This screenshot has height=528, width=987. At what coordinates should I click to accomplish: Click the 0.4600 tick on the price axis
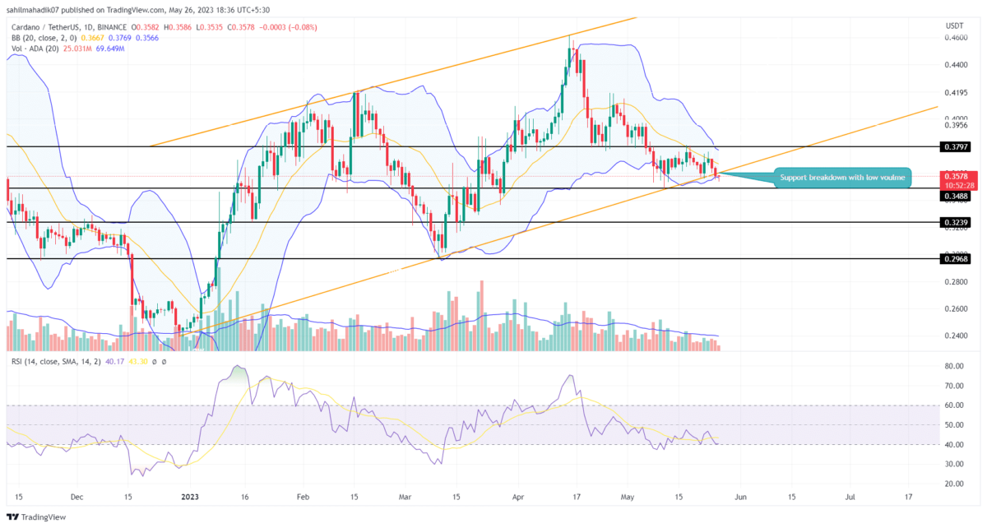pyautogui.click(x=955, y=37)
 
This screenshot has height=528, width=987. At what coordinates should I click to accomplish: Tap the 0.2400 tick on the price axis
pyautogui.click(x=955, y=336)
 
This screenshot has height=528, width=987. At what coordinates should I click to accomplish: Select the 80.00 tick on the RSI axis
pyautogui.click(x=953, y=366)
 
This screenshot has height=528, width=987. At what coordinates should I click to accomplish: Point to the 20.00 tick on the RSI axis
pyautogui.click(x=953, y=484)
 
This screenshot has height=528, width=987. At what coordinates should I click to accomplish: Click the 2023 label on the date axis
pyautogui.click(x=189, y=497)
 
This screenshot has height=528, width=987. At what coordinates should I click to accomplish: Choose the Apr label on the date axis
pyautogui.click(x=517, y=497)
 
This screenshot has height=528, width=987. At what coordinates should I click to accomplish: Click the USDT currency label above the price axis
pyautogui.click(x=954, y=24)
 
